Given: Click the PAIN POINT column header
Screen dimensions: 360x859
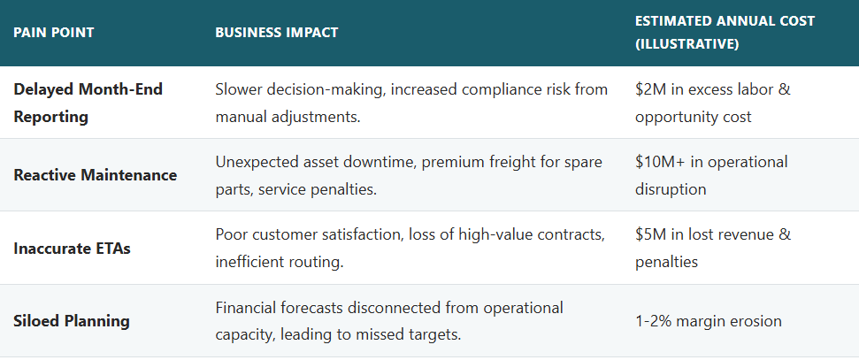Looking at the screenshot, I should click(x=54, y=33).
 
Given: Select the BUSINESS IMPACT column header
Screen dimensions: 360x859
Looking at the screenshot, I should click(x=276, y=33).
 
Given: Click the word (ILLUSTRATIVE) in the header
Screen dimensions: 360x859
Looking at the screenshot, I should click(x=686, y=44).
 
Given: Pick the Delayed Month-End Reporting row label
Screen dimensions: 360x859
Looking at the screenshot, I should click(x=88, y=102).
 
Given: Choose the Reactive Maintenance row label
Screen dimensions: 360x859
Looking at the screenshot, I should click(x=95, y=174).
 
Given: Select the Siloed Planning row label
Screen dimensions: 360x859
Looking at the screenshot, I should click(x=72, y=320).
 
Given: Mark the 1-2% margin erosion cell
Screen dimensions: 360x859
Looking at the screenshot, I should click(x=708, y=321).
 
